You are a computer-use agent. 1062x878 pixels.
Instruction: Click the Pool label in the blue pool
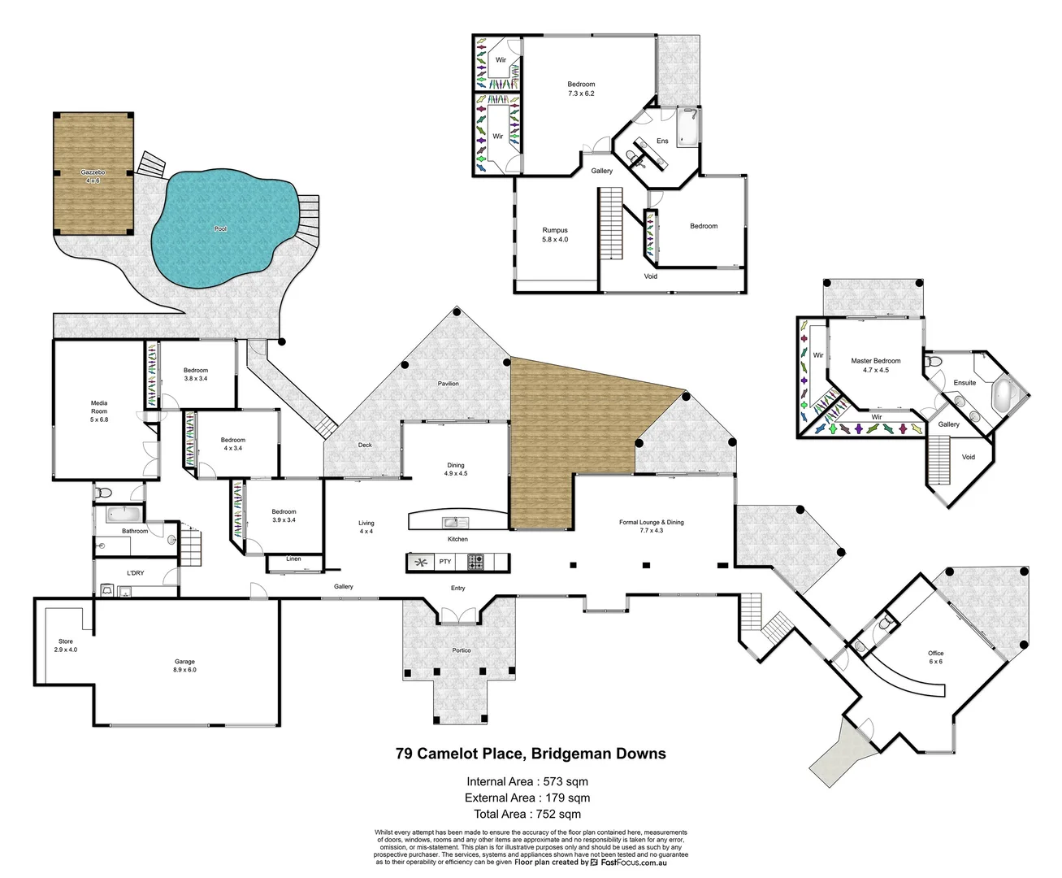pyautogui.click(x=220, y=229)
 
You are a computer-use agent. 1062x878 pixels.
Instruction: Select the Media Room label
pyautogui.click(x=99, y=411)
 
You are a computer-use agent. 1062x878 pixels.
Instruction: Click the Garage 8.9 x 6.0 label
pyautogui.click(x=184, y=666)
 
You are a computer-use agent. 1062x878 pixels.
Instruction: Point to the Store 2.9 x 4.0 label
pyautogui.click(x=66, y=645)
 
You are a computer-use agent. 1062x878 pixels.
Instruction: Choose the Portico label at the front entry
pyautogui.click(x=461, y=650)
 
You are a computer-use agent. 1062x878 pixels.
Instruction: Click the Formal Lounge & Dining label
pyautogui.click(x=651, y=526)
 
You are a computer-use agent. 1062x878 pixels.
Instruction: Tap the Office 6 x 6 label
pyautogui.click(x=935, y=657)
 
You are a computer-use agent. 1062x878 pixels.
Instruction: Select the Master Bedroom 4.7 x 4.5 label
pyautogui.click(x=875, y=365)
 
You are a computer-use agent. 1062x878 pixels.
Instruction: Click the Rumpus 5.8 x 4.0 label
pyautogui.click(x=555, y=235)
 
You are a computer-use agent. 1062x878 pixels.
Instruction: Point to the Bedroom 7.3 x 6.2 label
pyautogui.click(x=581, y=89)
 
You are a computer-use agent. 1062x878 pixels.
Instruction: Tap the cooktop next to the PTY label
pyautogui.click(x=475, y=562)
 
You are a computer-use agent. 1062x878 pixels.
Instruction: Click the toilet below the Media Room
pyautogui.click(x=102, y=493)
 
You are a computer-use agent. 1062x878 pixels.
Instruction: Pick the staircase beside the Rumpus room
pyautogui.click(x=610, y=222)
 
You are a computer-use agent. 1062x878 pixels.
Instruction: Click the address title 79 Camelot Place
pyautogui.click(x=531, y=754)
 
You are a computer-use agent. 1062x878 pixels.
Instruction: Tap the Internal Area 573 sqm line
pyautogui.click(x=527, y=782)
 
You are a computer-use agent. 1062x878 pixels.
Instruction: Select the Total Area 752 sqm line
pyautogui.click(x=527, y=814)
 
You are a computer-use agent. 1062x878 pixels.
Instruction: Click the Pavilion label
pyautogui.click(x=449, y=384)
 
